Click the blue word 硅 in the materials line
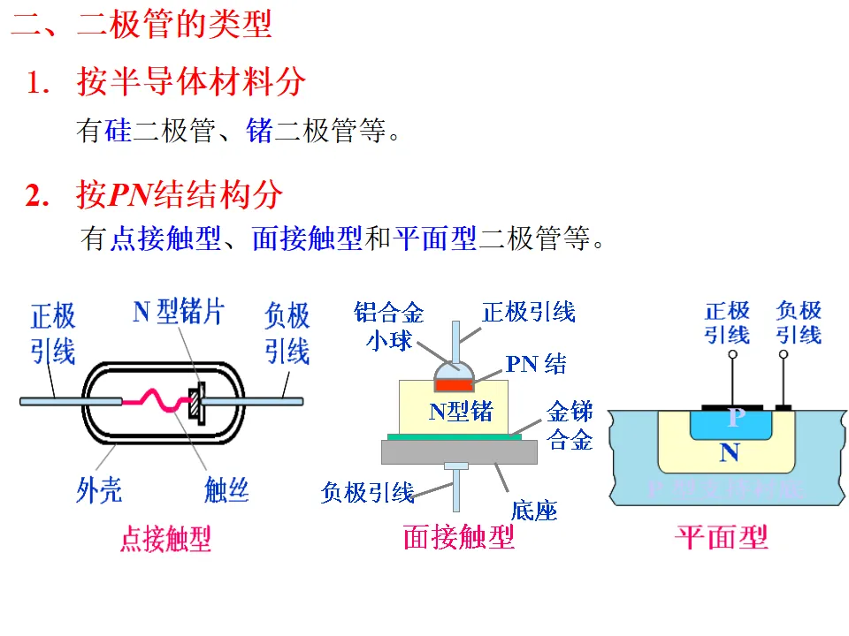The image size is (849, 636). [118, 132]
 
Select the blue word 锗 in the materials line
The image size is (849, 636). [259, 132]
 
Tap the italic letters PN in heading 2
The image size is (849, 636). [130, 195]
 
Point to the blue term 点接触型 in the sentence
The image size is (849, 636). [164, 238]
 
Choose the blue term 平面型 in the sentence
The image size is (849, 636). [435, 238]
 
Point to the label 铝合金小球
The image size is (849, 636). [389, 326]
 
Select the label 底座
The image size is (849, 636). [533, 511]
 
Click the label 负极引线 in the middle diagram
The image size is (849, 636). [367, 492]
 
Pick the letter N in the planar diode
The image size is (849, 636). [729, 453]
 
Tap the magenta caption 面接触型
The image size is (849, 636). [458, 536]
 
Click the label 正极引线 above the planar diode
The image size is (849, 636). [727, 322]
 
